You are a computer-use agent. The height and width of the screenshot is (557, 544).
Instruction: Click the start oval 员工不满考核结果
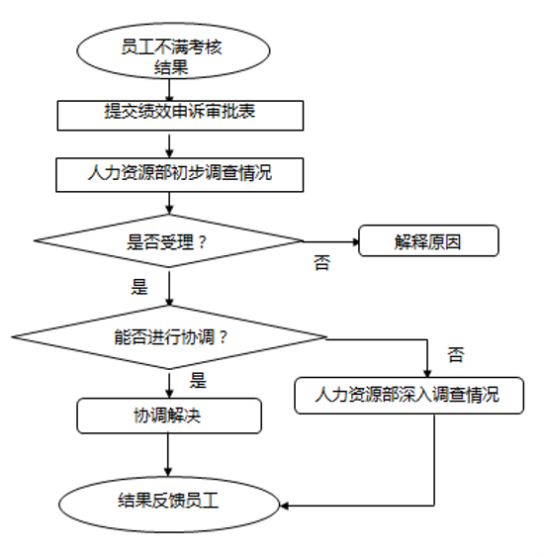(173, 50)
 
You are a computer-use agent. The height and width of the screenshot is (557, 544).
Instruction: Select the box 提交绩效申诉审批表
(180, 116)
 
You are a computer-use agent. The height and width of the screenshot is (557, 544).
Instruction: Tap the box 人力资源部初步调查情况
(179, 175)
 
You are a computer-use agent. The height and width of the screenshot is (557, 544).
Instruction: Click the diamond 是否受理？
(168, 240)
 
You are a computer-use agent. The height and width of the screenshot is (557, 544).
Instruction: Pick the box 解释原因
(428, 240)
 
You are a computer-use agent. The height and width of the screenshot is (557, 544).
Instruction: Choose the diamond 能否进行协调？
(169, 336)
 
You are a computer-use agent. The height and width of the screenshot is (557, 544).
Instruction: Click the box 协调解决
(169, 416)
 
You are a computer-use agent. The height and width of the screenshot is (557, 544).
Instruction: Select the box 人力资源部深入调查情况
(409, 396)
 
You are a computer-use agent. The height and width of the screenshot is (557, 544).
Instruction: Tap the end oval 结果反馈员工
(169, 505)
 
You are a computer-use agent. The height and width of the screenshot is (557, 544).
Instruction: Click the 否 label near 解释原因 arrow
(321, 263)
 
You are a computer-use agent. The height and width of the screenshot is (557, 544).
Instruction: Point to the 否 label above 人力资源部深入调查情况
(456, 354)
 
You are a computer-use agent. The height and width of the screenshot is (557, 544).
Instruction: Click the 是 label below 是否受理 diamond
(139, 287)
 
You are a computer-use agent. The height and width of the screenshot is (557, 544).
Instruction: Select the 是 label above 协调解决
(198, 381)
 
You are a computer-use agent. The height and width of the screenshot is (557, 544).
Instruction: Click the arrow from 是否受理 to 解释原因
(331, 242)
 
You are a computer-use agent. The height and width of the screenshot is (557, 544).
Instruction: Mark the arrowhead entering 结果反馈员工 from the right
(284, 506)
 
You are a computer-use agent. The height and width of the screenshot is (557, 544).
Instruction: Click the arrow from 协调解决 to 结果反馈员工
(168, 455)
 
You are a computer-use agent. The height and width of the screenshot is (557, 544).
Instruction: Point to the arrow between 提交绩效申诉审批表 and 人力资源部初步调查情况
(169, 145)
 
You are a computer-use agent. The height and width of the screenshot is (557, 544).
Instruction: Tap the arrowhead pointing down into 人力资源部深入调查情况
(427, 373)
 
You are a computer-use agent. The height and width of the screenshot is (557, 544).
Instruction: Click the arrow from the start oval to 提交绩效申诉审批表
(169, 90)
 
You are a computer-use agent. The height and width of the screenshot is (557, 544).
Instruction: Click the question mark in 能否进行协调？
(223, 337)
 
